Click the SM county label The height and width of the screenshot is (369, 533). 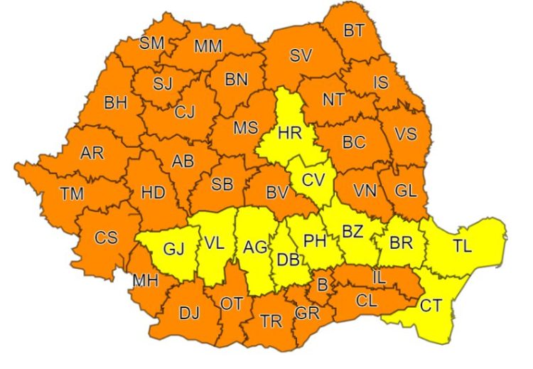[151, 43]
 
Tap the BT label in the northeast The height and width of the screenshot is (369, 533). [353, 31]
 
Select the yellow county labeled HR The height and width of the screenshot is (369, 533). [290, 132]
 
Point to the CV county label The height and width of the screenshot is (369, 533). [312, 180]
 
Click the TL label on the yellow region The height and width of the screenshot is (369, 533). [462, 246]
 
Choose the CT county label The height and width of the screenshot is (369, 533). [431, 306]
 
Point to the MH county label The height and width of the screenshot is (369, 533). [145, 281]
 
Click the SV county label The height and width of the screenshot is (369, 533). [301, 55]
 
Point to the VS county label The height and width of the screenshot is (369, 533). [406, 134]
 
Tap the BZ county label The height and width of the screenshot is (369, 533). [353, 230]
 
